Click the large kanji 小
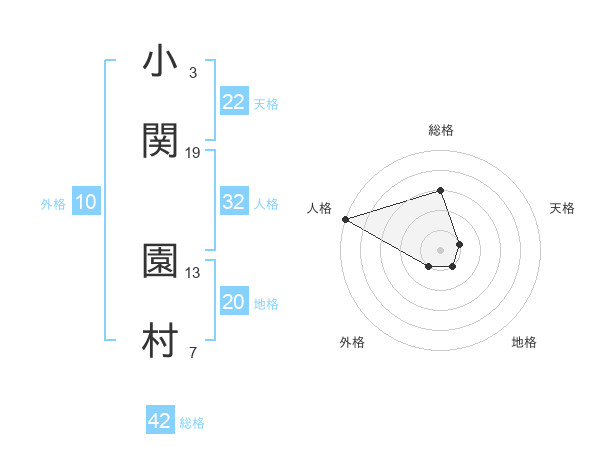160,62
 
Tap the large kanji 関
160,140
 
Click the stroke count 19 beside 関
193,152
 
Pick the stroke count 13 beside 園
193,272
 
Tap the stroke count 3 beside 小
193,72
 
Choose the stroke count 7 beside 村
193,352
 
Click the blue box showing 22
234,102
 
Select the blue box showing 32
234,202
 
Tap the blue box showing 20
234,302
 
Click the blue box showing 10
86,202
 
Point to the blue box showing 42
160,421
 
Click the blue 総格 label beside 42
192,423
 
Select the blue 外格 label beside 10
53,204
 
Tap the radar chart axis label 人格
319,208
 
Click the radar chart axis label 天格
563,208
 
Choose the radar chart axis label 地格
524,342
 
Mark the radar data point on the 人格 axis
345,218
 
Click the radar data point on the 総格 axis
440,190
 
